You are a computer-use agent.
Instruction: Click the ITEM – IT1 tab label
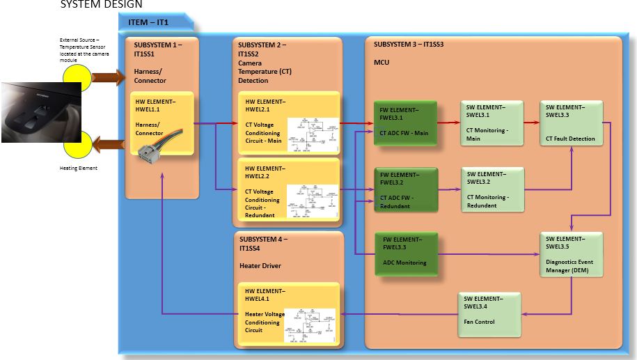click(148, 22)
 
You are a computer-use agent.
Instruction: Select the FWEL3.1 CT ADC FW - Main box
click(404, 123)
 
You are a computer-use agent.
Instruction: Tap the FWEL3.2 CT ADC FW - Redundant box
click(404, 189)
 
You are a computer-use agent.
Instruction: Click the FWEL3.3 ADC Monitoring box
click(404, 253)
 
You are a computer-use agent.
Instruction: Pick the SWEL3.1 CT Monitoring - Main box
click(491, 123)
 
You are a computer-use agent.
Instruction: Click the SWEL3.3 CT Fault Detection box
click(571, 123)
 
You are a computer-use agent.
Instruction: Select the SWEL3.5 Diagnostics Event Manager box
click(571, 253)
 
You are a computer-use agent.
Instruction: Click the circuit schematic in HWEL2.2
click(311, 201)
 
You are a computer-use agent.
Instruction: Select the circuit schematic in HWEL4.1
click(310, 325)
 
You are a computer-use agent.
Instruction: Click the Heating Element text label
click(78, 168)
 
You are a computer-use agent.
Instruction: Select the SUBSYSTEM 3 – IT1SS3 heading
click(409, 44)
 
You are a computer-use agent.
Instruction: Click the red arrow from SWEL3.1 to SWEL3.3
click(531, 123)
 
